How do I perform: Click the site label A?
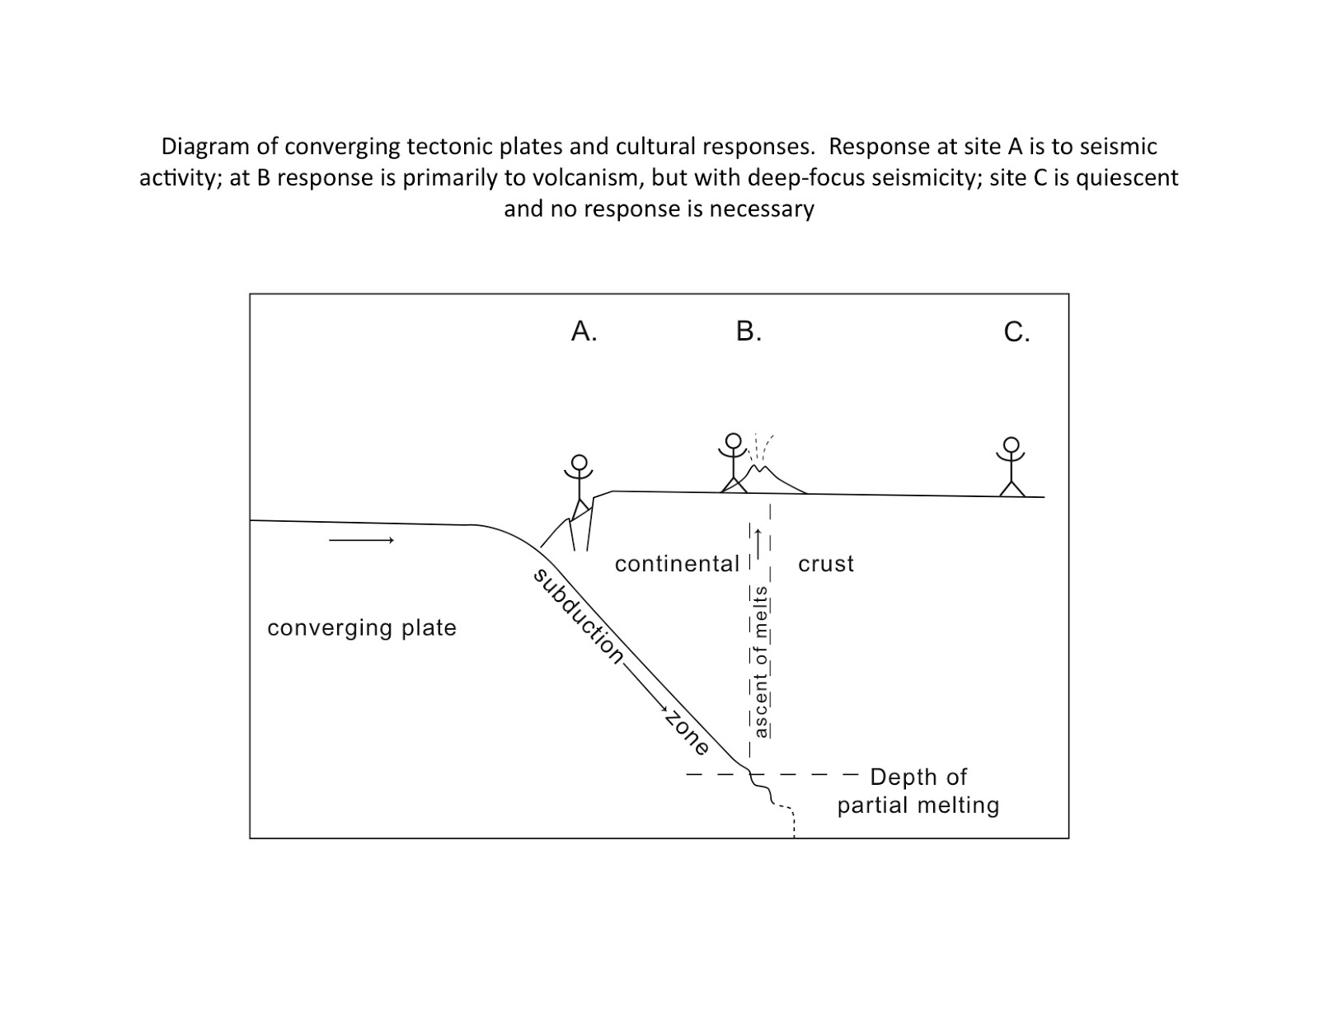583,331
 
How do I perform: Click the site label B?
748,331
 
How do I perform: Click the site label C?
1016,331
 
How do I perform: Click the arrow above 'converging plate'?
361,540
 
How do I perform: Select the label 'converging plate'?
362,628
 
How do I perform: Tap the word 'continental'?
677,564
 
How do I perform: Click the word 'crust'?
826,564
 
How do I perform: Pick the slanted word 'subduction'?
579,615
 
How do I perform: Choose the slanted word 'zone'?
687,732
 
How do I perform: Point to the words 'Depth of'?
918,777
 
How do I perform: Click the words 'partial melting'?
918,805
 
